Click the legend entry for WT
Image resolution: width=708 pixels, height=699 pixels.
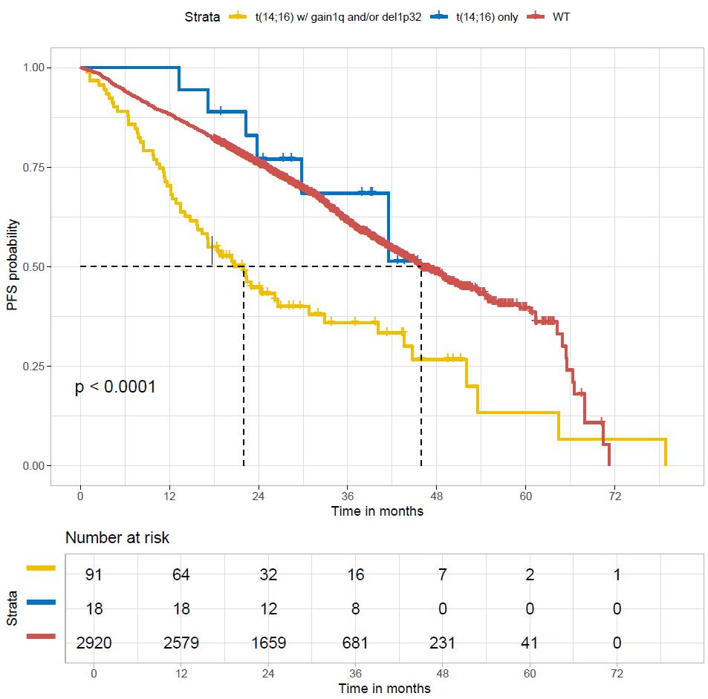click(x=562, y=16)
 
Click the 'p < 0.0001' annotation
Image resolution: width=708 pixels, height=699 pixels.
click(x=115, y=387)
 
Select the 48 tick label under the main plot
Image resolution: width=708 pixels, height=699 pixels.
click(x=436, y=496)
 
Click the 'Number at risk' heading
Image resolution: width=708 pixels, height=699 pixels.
click(x=117, y=537)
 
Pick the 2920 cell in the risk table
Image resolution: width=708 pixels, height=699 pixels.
click(x=94, y=643)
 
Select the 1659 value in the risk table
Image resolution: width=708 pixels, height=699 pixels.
click(x=269, y=643)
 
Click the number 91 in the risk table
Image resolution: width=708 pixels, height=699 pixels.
click(x=94, y=574)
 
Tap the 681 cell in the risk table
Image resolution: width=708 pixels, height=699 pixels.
click(x=357, y=643)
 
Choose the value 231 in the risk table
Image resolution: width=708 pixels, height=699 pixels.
click(x=444, y=643)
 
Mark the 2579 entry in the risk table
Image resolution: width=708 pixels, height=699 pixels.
click(x=181, y=643)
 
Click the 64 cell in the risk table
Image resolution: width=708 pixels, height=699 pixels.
click(x=181, y=574)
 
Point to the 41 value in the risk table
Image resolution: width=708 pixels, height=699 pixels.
click(x=530, y=643)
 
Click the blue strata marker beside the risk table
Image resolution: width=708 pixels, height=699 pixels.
click(x=41, y=603)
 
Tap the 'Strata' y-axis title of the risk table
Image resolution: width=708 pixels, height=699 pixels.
click(x=13, y=608)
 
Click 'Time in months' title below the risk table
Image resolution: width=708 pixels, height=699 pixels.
click(x=384, y=688)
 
